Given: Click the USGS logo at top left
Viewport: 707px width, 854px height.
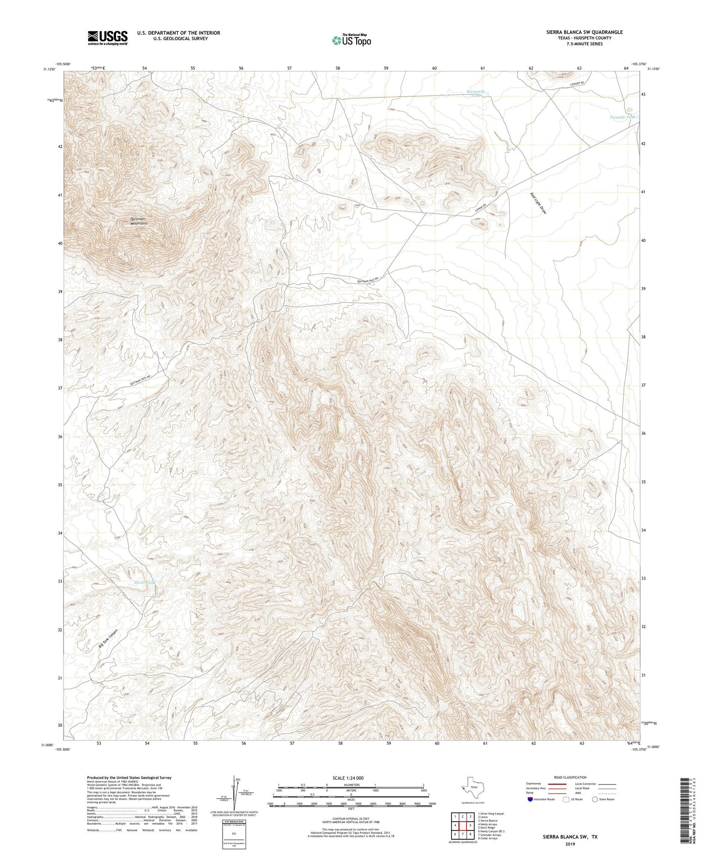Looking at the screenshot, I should pyautogui.click(x=108, y=38).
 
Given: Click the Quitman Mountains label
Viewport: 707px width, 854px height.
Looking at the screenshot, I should pyautogui.click(x=139, y=221).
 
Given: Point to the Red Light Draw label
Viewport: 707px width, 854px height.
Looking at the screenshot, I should pyautogui.click(x=538, y=203).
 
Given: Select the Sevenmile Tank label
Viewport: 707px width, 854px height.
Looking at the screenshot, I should pyautogui.click(x=475, y=93).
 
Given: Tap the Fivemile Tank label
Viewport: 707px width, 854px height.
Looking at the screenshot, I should pyautogui.click(x=623, y=117).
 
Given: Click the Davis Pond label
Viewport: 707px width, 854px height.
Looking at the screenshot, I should pyautogui.click(x=145, y=583).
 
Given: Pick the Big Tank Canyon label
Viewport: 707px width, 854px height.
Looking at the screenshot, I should pyautogui.click(x=108, y=638).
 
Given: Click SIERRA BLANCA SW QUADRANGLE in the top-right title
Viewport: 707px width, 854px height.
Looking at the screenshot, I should pyautogui.click(x=584, y=32).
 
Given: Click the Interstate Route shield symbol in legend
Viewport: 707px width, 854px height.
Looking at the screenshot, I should pyautogui.click(x=530, y=799).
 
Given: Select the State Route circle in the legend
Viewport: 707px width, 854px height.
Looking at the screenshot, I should pyautogui.click(x=595, y=799).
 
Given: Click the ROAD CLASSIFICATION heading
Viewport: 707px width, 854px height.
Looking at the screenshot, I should pyautogui.click(x=570, y=777).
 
